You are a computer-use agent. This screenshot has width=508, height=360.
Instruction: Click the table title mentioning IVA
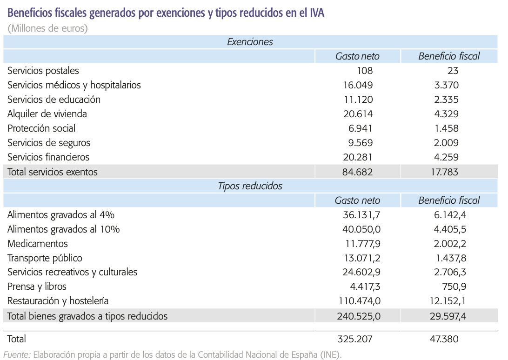[166, 13]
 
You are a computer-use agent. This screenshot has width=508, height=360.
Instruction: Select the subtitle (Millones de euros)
[48, 28]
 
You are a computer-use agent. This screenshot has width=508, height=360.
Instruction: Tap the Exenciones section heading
[250, 42]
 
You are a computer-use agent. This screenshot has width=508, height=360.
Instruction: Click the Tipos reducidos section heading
[250, 186]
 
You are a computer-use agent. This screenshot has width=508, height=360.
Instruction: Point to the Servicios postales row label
[43, 71]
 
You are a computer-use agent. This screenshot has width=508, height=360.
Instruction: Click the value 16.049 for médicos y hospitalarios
[357, 85]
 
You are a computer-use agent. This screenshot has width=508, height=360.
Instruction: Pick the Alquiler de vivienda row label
[47, 114]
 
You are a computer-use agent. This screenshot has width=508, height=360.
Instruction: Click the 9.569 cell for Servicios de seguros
[358, 143]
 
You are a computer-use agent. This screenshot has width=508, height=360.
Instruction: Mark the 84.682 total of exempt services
[357, 172]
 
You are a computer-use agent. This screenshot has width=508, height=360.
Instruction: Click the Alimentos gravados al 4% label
[61, 215]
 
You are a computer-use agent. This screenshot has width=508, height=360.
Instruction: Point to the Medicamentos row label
[38, 244]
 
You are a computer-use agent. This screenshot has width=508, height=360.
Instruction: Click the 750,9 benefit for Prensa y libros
[452, 287]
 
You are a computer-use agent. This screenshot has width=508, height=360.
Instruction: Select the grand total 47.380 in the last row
[444, 339]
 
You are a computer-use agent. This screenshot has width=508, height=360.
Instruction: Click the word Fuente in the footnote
[17, 355]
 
